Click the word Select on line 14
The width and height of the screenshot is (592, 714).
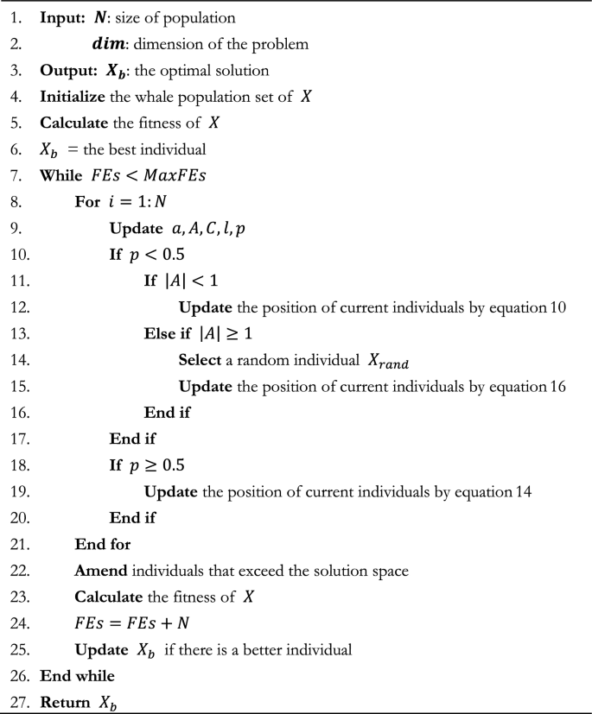pyautogui.click(x=199, y=360)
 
